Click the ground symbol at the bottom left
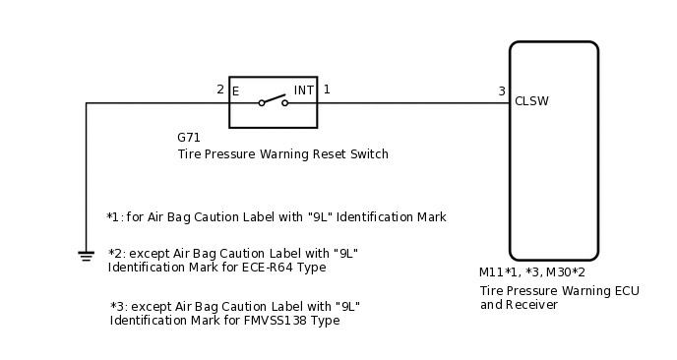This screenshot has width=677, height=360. click(86, 256)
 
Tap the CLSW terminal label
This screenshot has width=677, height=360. click(531, 101)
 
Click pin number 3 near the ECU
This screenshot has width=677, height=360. click(501, 91)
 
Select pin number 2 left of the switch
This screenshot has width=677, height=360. click(220, 90)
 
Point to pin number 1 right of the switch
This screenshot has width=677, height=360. click(327, 90)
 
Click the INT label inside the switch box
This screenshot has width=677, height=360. click(303, 90)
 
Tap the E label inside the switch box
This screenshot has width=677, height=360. click(236, 91)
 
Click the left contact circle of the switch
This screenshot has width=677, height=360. click(262, 102)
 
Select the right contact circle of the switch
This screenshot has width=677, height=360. click(285, 102)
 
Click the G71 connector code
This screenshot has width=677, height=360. click(189, 138)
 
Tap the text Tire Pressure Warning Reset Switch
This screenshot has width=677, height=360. click(282, 154)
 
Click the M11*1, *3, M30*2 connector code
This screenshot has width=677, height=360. click(531, 272)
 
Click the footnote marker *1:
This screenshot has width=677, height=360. click(116, 216)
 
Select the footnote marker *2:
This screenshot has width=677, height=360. click(118, 253)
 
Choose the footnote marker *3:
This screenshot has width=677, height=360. click(120, 306)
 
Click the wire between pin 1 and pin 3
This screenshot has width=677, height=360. click(413, 102)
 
